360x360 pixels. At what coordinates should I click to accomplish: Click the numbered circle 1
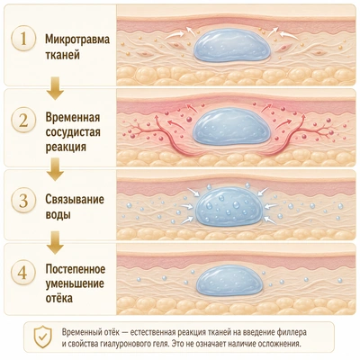pyautogui.click(x=23, y=40)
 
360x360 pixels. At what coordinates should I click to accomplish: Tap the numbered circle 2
pyautogui.click(x=23, y=120)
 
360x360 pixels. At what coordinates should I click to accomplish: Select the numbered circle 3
pyautogui.click(x=23, y=201)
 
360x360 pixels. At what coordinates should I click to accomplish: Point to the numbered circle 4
pyautogui.click(x=23, y=274)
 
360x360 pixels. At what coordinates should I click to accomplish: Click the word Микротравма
pyautogui.click(x=77, y=40)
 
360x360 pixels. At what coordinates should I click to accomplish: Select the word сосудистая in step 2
pyautogui.click(x=73, y=132)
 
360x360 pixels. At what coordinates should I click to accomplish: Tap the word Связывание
pyautogui.click(x=75, y=200)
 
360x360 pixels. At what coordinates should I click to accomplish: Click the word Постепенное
pyautogui.click(x=76, y=269)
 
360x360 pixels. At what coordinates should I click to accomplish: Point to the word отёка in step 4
pyautogui.click(x=59, y=299)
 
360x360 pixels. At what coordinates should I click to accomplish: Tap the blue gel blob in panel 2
pyautogui.click(x=232, y=127)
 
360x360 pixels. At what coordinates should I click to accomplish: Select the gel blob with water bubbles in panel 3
pyautogui.click(x=232, y=206)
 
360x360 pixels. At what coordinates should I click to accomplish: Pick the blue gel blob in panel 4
pyautogui.click(x=231, y=280)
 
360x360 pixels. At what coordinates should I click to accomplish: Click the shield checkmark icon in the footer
pyautogui.click(x=43, y=337)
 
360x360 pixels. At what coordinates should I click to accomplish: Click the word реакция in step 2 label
pyautogui.click(x=66, y=148)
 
